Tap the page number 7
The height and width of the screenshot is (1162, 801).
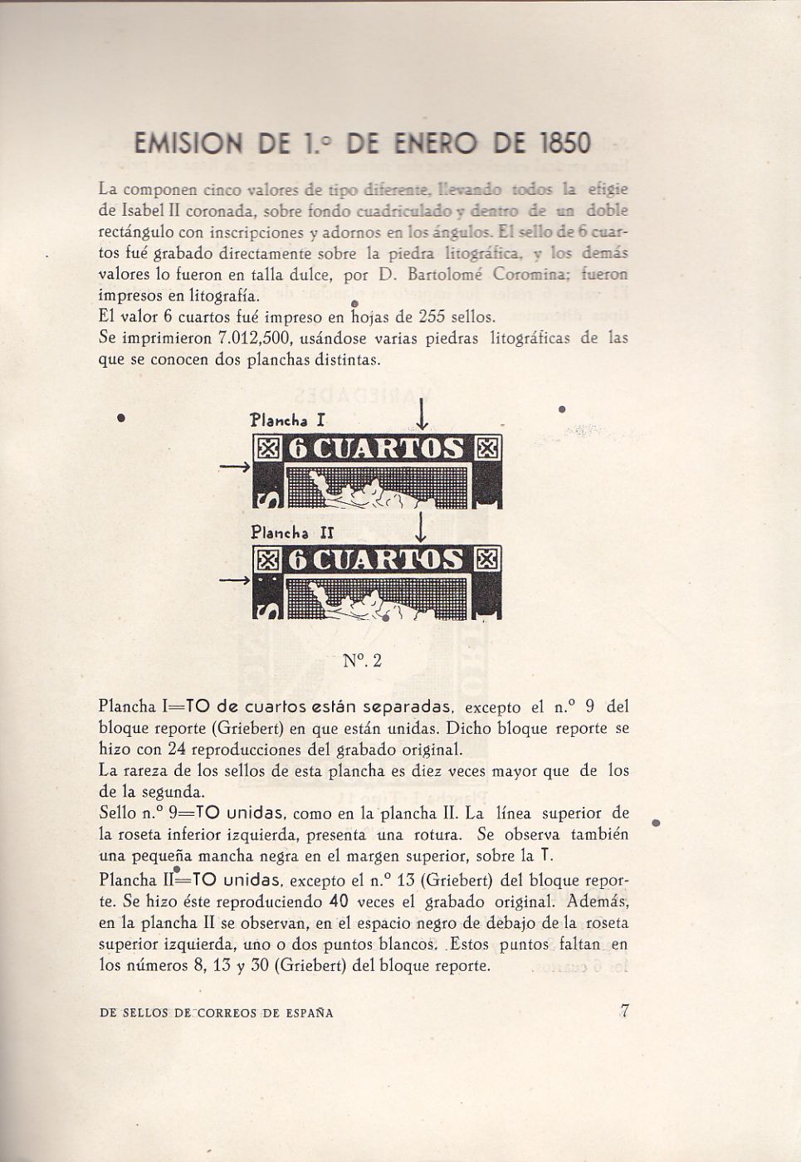coord(626,1011)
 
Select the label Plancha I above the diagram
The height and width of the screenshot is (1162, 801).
coord(281,421)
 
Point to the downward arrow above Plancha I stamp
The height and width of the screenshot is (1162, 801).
coord(423,414)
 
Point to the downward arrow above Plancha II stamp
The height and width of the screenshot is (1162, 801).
coord(423,527)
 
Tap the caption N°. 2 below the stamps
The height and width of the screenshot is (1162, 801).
coord(362,661)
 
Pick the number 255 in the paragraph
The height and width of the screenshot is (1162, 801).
coord(432,316)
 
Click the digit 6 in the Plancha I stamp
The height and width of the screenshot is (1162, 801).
coord(300,449)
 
